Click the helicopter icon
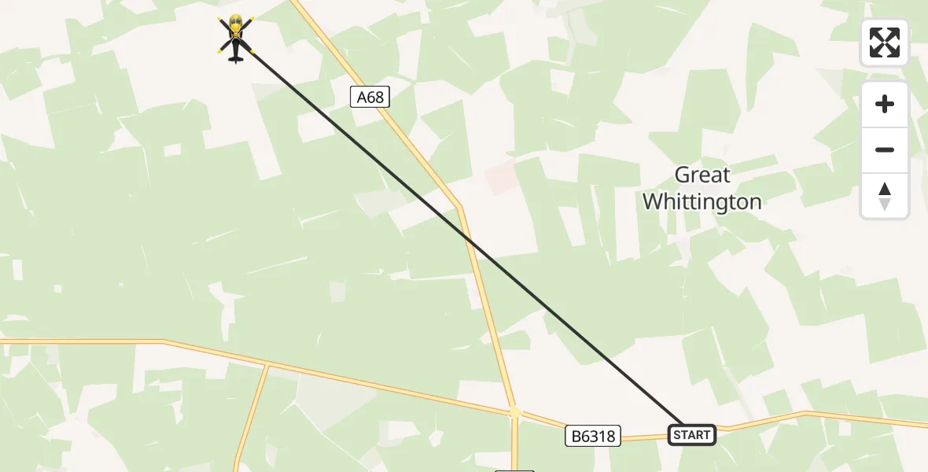[x=236, y=38]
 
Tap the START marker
[x=692, y=434]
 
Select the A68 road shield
[x=370, y=98]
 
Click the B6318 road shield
[x=593, y=435]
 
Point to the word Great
[x=702, y=175]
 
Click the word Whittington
[x=702, y=202]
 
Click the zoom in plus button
[x=885, y=104]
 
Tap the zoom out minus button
[x=885, y=149]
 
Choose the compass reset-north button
[x=885, y=195]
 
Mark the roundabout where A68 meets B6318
[x=514, y=411]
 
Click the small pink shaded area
[x=501, y=179]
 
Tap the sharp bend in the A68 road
[x=460, y=207]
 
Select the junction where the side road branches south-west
[x=267, y=365]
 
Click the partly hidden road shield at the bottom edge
[x=514, y=470]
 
